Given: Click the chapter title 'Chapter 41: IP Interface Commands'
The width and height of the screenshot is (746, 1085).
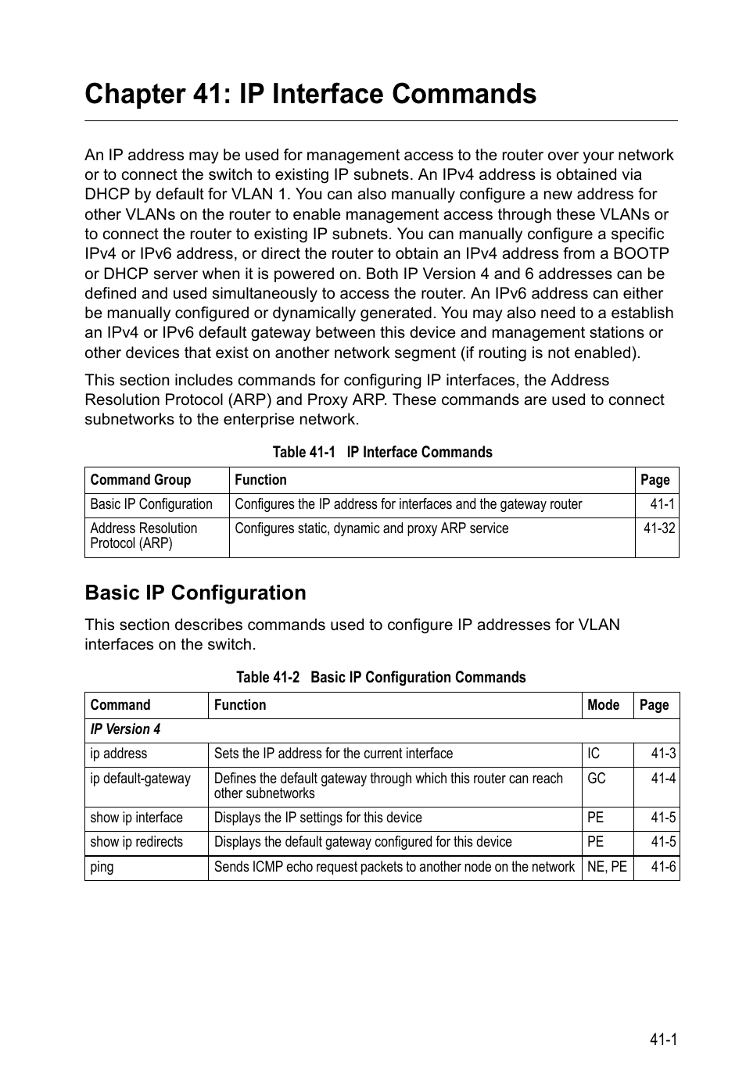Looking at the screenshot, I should [x=310, y=94].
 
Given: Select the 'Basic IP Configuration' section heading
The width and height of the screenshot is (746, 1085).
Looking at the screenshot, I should [x=195, y=593].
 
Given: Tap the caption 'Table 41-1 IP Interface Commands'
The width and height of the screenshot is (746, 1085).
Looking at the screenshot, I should [x=382, y=452].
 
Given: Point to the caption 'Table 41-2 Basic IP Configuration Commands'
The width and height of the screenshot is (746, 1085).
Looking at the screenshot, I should [x=381, y=677].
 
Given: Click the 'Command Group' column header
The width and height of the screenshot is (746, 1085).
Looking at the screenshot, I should [x=141, y=480].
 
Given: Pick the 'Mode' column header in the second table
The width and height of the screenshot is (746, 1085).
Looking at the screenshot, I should [x=603, y=705].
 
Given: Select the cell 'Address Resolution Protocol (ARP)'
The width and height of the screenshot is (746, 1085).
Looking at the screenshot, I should [x=144, y=536].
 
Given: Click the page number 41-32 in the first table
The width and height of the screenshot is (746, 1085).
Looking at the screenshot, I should [x=658, y=528].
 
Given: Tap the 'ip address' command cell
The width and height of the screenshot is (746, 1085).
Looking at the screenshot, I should [x=119, y=754].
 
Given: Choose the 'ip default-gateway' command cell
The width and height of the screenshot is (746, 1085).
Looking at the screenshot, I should [x=141, y=779].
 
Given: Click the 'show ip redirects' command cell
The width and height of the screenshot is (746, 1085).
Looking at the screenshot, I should [x=137, y=842].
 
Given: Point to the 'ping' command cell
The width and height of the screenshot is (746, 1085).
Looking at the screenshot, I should [x=102, y=867].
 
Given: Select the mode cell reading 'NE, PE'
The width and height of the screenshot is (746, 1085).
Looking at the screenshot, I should [x=607, y=867].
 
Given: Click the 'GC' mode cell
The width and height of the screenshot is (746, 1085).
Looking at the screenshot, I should [x=597, y=779].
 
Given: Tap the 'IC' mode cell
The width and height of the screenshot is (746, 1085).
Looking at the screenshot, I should [x=594, y=754].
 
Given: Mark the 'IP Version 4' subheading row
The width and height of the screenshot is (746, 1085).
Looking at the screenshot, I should [x=125, y=729].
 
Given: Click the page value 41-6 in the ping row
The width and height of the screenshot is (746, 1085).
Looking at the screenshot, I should [x=663, y=867].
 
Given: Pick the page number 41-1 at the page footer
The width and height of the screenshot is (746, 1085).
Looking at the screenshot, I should [x=662, y=1040].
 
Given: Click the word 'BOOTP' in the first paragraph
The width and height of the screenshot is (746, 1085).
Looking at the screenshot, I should [x=641, y=253].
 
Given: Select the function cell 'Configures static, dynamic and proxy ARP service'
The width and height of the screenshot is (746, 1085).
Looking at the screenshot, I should [x=371, y=528].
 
